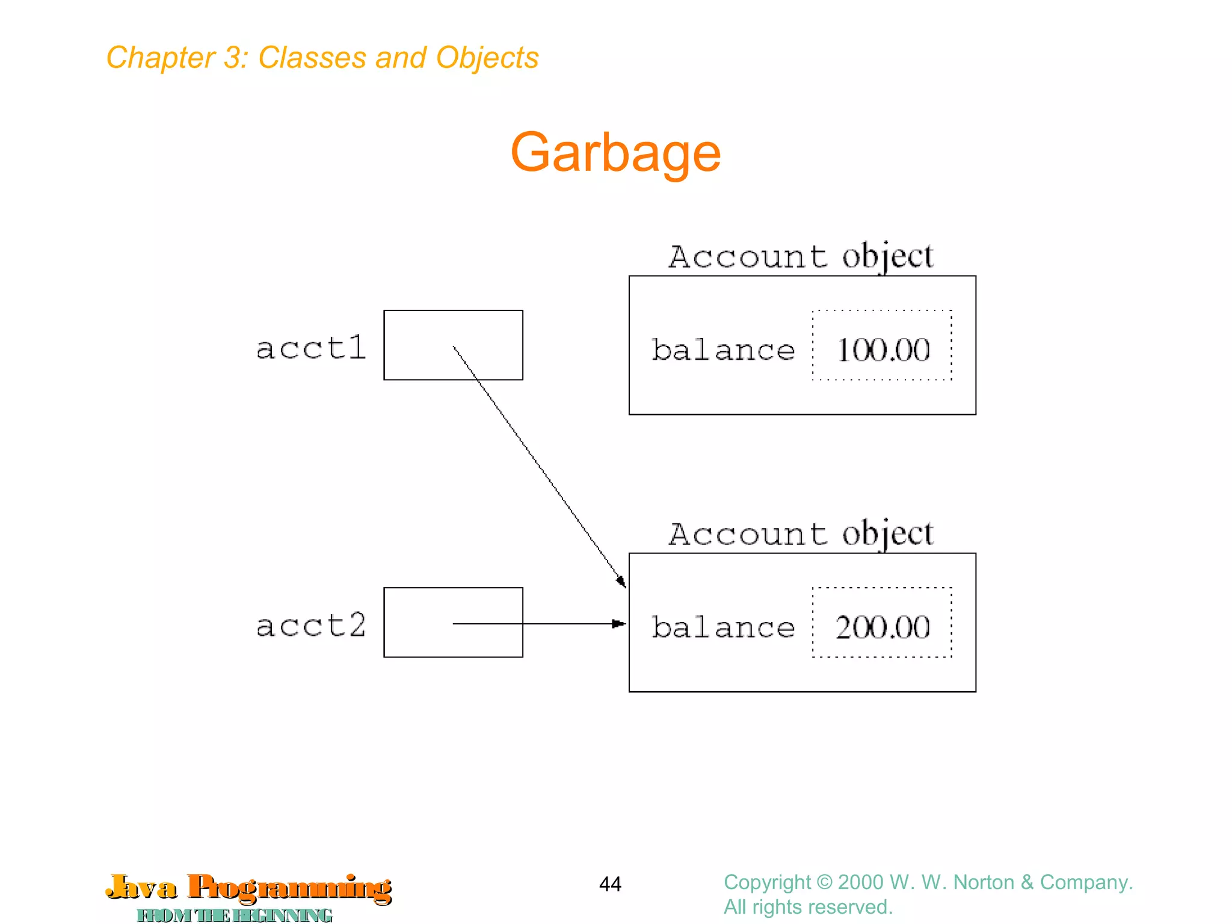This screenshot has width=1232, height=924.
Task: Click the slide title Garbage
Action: [615, 153]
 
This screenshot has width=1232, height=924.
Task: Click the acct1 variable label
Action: [311, 348]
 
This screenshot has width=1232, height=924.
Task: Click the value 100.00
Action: [882, 350]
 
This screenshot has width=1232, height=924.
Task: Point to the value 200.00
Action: [882, 627]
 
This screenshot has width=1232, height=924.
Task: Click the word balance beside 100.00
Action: [723, 350]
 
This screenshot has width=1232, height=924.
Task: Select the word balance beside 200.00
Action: [723, 627]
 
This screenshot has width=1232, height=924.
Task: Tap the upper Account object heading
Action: [801, 257]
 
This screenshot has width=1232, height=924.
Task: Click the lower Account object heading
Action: [801, 534]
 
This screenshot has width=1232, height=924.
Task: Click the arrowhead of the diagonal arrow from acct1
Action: [622, 582]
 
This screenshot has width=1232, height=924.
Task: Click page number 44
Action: [610, 884]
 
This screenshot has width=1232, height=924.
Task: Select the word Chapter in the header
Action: [160, 58]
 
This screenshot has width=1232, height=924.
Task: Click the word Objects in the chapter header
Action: [487, 58]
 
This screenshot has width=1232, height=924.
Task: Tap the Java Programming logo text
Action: [248, 888]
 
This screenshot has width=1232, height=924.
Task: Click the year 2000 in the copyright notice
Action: [861, 882]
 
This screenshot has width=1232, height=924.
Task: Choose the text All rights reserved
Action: [808, 907]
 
